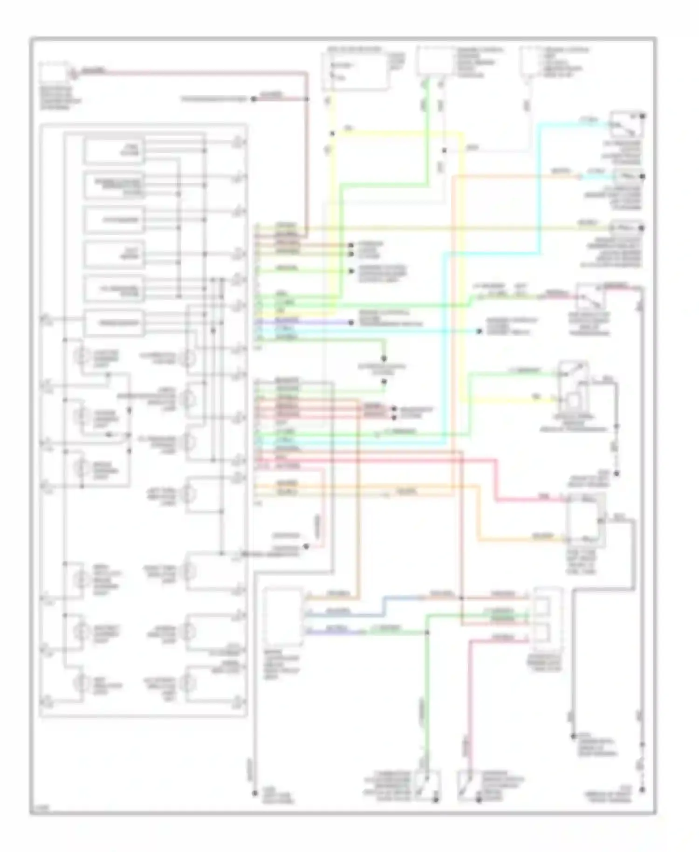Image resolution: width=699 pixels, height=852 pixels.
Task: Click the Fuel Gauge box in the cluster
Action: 113,151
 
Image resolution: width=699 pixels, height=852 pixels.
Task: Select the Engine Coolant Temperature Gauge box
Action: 113,185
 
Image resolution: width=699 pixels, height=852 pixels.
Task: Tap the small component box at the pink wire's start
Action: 55,73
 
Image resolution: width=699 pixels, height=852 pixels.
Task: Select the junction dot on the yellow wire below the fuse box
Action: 332,134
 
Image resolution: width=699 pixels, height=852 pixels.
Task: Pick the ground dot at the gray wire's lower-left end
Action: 255,792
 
